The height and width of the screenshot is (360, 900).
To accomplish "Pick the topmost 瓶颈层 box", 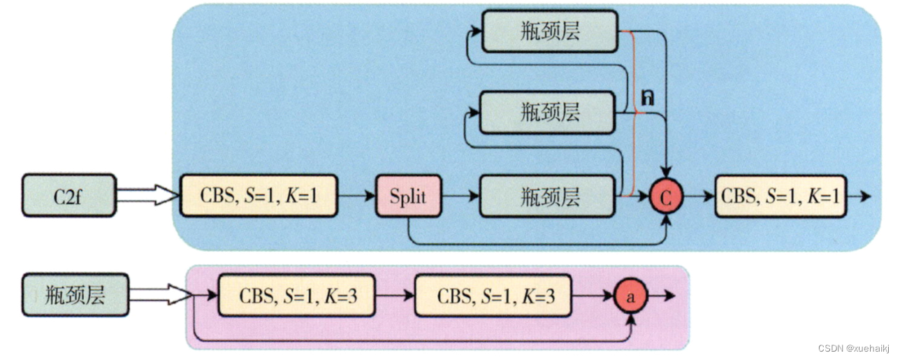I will [549, 31].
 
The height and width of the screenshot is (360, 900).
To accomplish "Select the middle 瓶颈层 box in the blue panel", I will [549, 112].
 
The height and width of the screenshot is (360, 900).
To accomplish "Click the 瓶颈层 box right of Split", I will [549, 197].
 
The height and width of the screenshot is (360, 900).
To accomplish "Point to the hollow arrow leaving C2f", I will [145, 195].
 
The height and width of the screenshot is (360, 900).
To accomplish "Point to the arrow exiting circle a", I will [664, 296].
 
